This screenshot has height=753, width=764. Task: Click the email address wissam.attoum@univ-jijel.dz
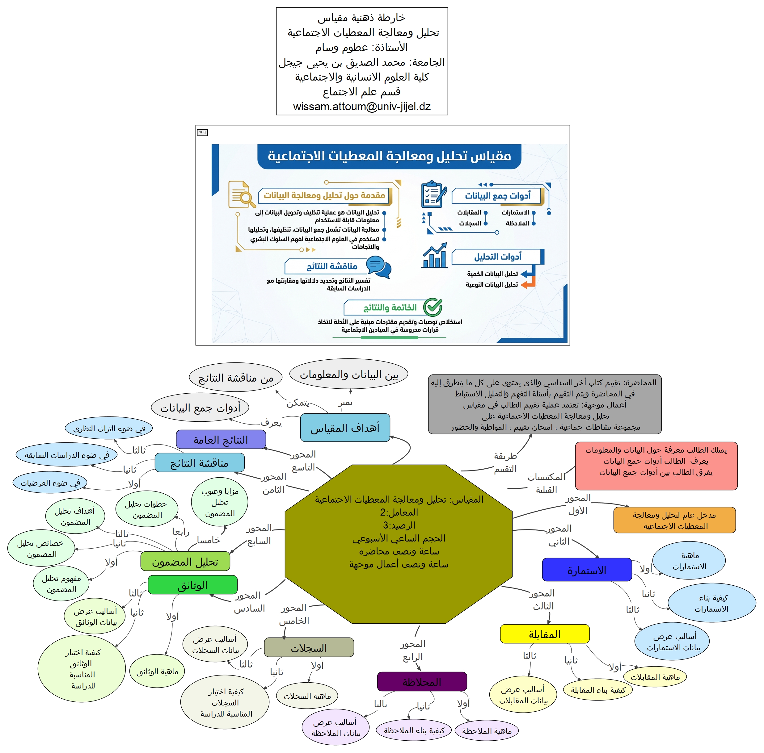tap(361, 107)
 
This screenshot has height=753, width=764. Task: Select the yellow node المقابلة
tap(545, 634)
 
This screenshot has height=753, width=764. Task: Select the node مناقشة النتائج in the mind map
tap(199, 463)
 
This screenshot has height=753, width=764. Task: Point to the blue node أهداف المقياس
tap(345, 428)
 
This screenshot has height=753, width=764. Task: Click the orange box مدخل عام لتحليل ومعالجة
tap(674, 520)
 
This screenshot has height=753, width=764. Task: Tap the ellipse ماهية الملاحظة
tap(487, 731)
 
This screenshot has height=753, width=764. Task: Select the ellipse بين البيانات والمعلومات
tap(349, 374)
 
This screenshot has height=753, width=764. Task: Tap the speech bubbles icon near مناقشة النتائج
tap(378, 267)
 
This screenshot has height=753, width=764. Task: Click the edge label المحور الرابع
tap(412, 650)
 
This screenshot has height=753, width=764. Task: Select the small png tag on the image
tap(202, 132)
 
